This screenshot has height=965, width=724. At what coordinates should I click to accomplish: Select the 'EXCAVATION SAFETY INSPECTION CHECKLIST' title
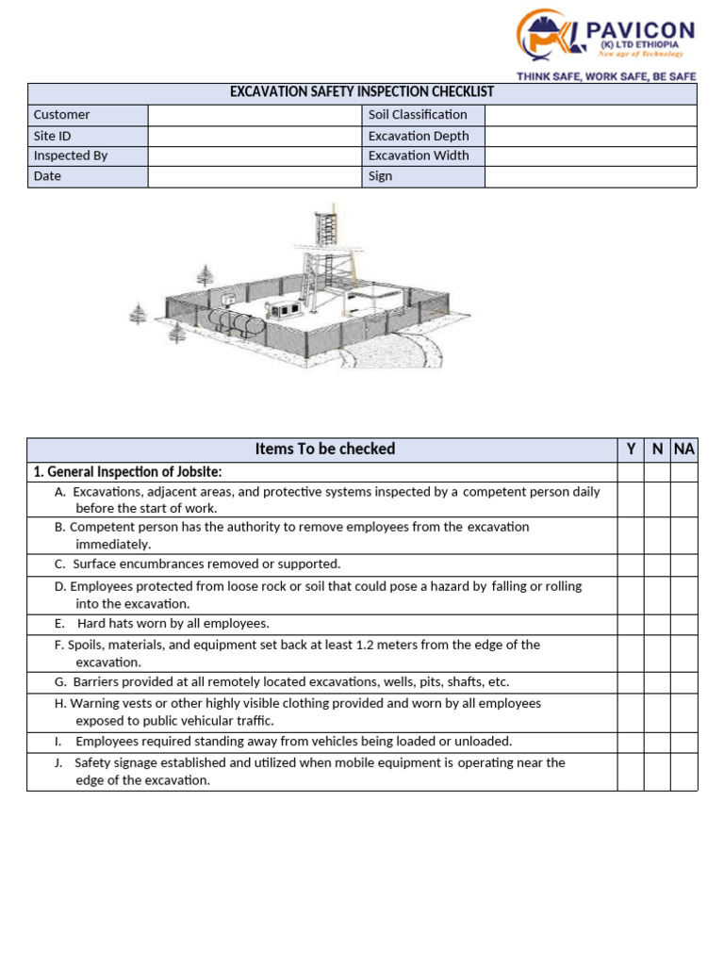pyautogui.click(x=362, y=92)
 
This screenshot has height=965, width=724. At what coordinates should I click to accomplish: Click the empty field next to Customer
pyautogui.click(x=255, y=115)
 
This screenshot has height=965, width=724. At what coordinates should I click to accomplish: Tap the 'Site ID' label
pyautogui.click(x=53, y=136)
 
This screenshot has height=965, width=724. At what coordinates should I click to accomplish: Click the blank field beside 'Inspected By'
pyautogui.click(x=255, y=156)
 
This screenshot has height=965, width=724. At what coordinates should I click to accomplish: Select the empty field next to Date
pyautogui.click(x=255, y=176)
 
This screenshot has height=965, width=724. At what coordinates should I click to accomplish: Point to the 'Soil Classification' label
pyautogui.click(x=418, y=115)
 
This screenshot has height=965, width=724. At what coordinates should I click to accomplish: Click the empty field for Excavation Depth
pyautogui.click(x=590, y=136)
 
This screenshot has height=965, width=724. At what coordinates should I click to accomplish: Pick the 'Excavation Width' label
pyautogui.click(x=419, y=156)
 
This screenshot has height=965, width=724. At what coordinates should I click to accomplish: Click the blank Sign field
pyautogui.click(x=590, y=176)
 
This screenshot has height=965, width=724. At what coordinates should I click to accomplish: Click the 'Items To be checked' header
pyautogui.click(x=324, y=450)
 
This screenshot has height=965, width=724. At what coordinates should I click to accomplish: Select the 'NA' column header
pyautogui.click(x=684, y=450)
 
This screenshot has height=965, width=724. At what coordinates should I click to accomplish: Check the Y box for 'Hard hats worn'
pyautogui.click(x=631, y=624)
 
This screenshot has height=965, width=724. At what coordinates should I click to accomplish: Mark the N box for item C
pyautogui.click(x=657, y=564)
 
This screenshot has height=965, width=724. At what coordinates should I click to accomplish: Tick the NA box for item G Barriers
pyautogui.click(x=684, y=682)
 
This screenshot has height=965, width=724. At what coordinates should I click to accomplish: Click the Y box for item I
pyautogui.click(x=631, y=742)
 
